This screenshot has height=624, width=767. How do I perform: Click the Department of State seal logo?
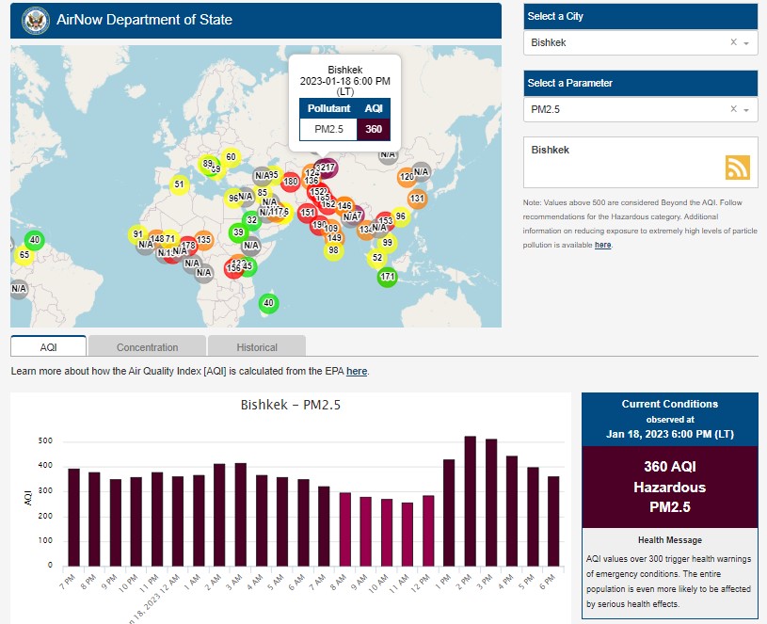[35, 20]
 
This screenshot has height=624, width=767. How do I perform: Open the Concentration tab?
[147, 346]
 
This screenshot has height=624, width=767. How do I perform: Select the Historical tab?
[256, 346]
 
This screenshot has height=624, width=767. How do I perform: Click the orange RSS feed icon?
[738, 167]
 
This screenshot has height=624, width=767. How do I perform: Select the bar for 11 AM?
[407, 534]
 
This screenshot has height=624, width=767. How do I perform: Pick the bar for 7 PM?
[73, 517]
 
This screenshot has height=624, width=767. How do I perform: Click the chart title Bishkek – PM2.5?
[290, 406]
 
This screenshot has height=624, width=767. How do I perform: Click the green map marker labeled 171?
[387, 277]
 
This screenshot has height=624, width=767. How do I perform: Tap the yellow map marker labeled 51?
[179, 184]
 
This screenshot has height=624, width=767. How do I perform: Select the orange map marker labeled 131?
[417, 199]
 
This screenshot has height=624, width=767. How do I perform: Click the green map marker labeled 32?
[251, 219]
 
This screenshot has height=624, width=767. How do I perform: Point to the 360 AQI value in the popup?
[373, 129]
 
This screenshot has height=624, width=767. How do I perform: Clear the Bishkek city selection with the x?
[733, 43]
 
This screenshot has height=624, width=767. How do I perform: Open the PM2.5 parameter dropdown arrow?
[746, 110]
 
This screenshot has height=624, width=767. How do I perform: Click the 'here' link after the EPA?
[357, 371]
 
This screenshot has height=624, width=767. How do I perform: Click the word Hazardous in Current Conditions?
[669, 488]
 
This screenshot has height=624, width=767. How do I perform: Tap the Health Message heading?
[669, 540]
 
